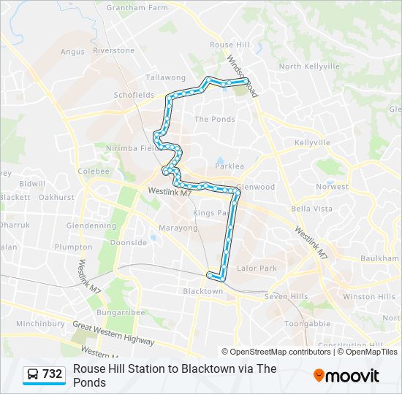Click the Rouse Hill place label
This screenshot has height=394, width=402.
(231, 45)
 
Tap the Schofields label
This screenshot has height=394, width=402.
(134, 95)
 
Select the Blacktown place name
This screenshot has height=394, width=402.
(202, 291)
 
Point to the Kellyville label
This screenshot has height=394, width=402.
(313, 142)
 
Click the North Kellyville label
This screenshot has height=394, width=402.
(309, 66)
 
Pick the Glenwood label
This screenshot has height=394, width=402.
(255, 187)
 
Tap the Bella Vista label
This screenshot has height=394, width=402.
(311, 209)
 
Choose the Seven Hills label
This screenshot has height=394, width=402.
(284, 296)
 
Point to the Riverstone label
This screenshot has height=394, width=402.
(113, 51)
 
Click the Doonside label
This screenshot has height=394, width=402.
(129, 243)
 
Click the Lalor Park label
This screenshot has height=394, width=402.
(257, 269)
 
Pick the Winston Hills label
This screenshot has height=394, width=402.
(369, 297)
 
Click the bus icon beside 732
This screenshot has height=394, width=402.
(33, 374)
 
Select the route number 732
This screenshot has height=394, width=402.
(53, 374)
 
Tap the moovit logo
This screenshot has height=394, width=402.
(346, 375)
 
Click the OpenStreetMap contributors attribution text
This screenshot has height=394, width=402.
(276, 352)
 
